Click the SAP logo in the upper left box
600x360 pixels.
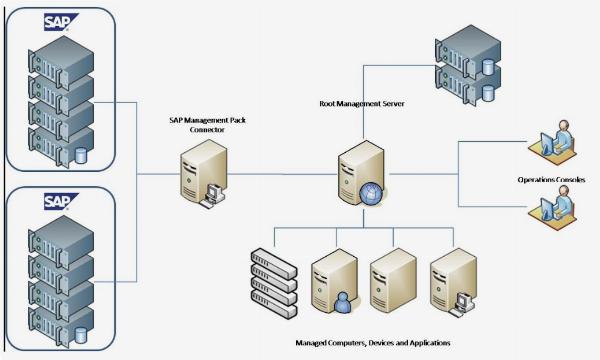coord(58,22)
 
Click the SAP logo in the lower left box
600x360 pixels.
coord(58,202)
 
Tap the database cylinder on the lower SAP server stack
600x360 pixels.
coord(81,334)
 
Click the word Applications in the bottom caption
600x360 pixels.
coord(425,342)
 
